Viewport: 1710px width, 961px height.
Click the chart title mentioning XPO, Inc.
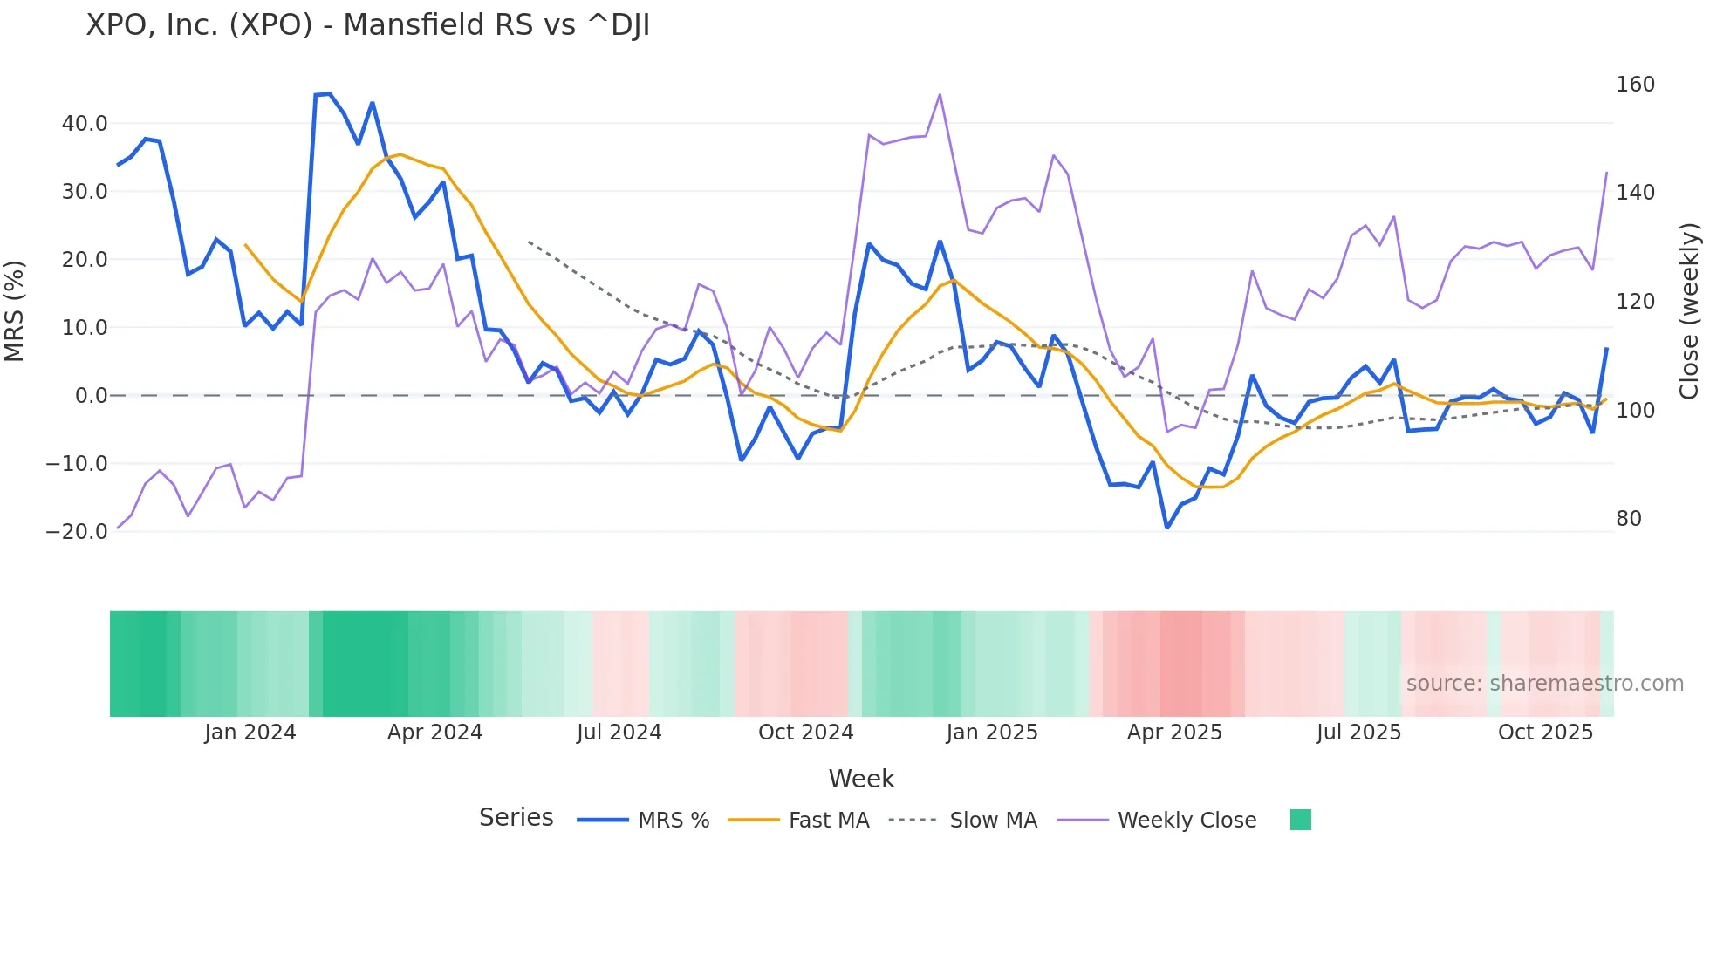tap(367, 25)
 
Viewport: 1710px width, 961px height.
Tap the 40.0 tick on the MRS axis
tap(85, 124)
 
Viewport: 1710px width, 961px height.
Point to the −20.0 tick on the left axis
tap(77, 532)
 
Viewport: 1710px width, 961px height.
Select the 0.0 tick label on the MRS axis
tap(91, 396)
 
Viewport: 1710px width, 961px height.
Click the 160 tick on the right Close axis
tap(1635, 85)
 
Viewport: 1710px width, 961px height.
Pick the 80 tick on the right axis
tap(1628, 519)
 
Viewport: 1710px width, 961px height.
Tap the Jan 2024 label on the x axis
tap(250, 733)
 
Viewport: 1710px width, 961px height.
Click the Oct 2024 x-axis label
tap(805, 733)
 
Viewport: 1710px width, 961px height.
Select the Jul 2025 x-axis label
tap(1358, 733)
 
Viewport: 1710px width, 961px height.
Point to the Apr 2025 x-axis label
tap(1174, 733)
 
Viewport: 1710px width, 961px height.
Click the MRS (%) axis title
tap(15, 311)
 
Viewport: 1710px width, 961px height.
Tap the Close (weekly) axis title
tap(1689, 311)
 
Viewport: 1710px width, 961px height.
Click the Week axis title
tap(861, 779)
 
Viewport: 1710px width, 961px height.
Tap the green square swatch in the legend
tap(1300, 821)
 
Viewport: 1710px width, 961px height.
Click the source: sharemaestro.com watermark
tap(1544, 684)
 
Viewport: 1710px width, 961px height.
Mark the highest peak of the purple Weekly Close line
tap(940, 94)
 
